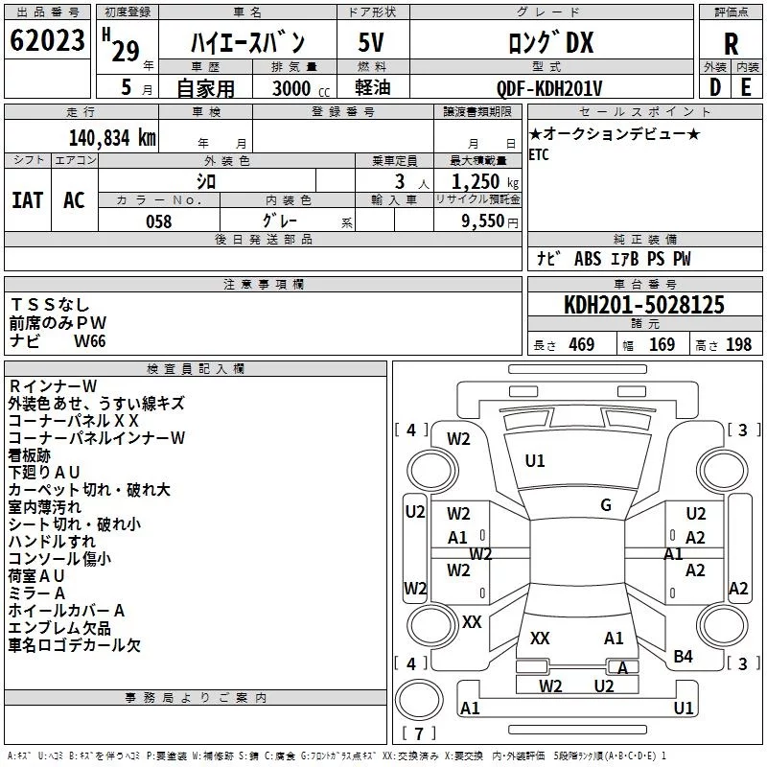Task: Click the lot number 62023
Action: [47, 40]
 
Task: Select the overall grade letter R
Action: [732, 44]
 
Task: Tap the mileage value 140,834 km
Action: [112, 138]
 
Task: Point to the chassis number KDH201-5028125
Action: [644, 304]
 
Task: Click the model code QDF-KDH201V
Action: [549, 88]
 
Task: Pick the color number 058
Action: [159, 221]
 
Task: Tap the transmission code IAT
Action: [28, 200]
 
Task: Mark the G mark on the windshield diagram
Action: [606, 505]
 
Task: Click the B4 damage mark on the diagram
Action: [683, 657]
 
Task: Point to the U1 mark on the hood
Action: [535, 461]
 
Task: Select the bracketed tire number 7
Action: [419, 733]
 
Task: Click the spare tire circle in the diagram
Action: [419, 700]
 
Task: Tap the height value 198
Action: [738, 344]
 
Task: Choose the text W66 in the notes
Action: [89, 341]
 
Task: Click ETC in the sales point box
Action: [539, 154]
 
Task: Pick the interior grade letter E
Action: [746, 87]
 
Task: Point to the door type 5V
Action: [371, 42]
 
